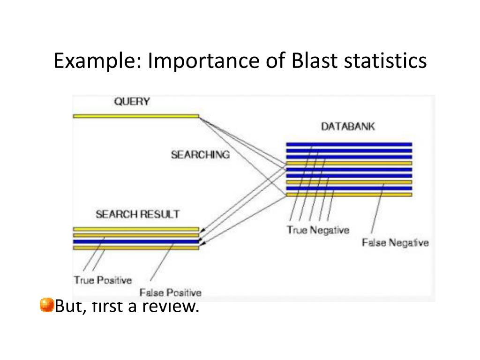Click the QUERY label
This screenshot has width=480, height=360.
132,102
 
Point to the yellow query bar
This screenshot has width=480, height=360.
136,116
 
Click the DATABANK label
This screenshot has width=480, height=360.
348,127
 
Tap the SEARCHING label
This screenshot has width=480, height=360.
200,155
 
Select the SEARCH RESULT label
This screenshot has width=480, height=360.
137,214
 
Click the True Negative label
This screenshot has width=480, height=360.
318,230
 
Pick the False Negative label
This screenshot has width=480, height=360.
395,242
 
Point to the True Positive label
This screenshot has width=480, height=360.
103,280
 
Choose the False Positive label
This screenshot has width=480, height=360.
171,292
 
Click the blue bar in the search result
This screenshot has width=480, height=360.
136,241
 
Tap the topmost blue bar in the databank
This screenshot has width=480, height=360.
349,144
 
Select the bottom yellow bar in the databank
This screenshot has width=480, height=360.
349,195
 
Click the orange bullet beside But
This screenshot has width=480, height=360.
46,305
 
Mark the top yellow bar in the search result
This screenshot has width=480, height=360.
136,229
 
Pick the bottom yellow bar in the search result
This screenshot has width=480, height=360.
136,247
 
